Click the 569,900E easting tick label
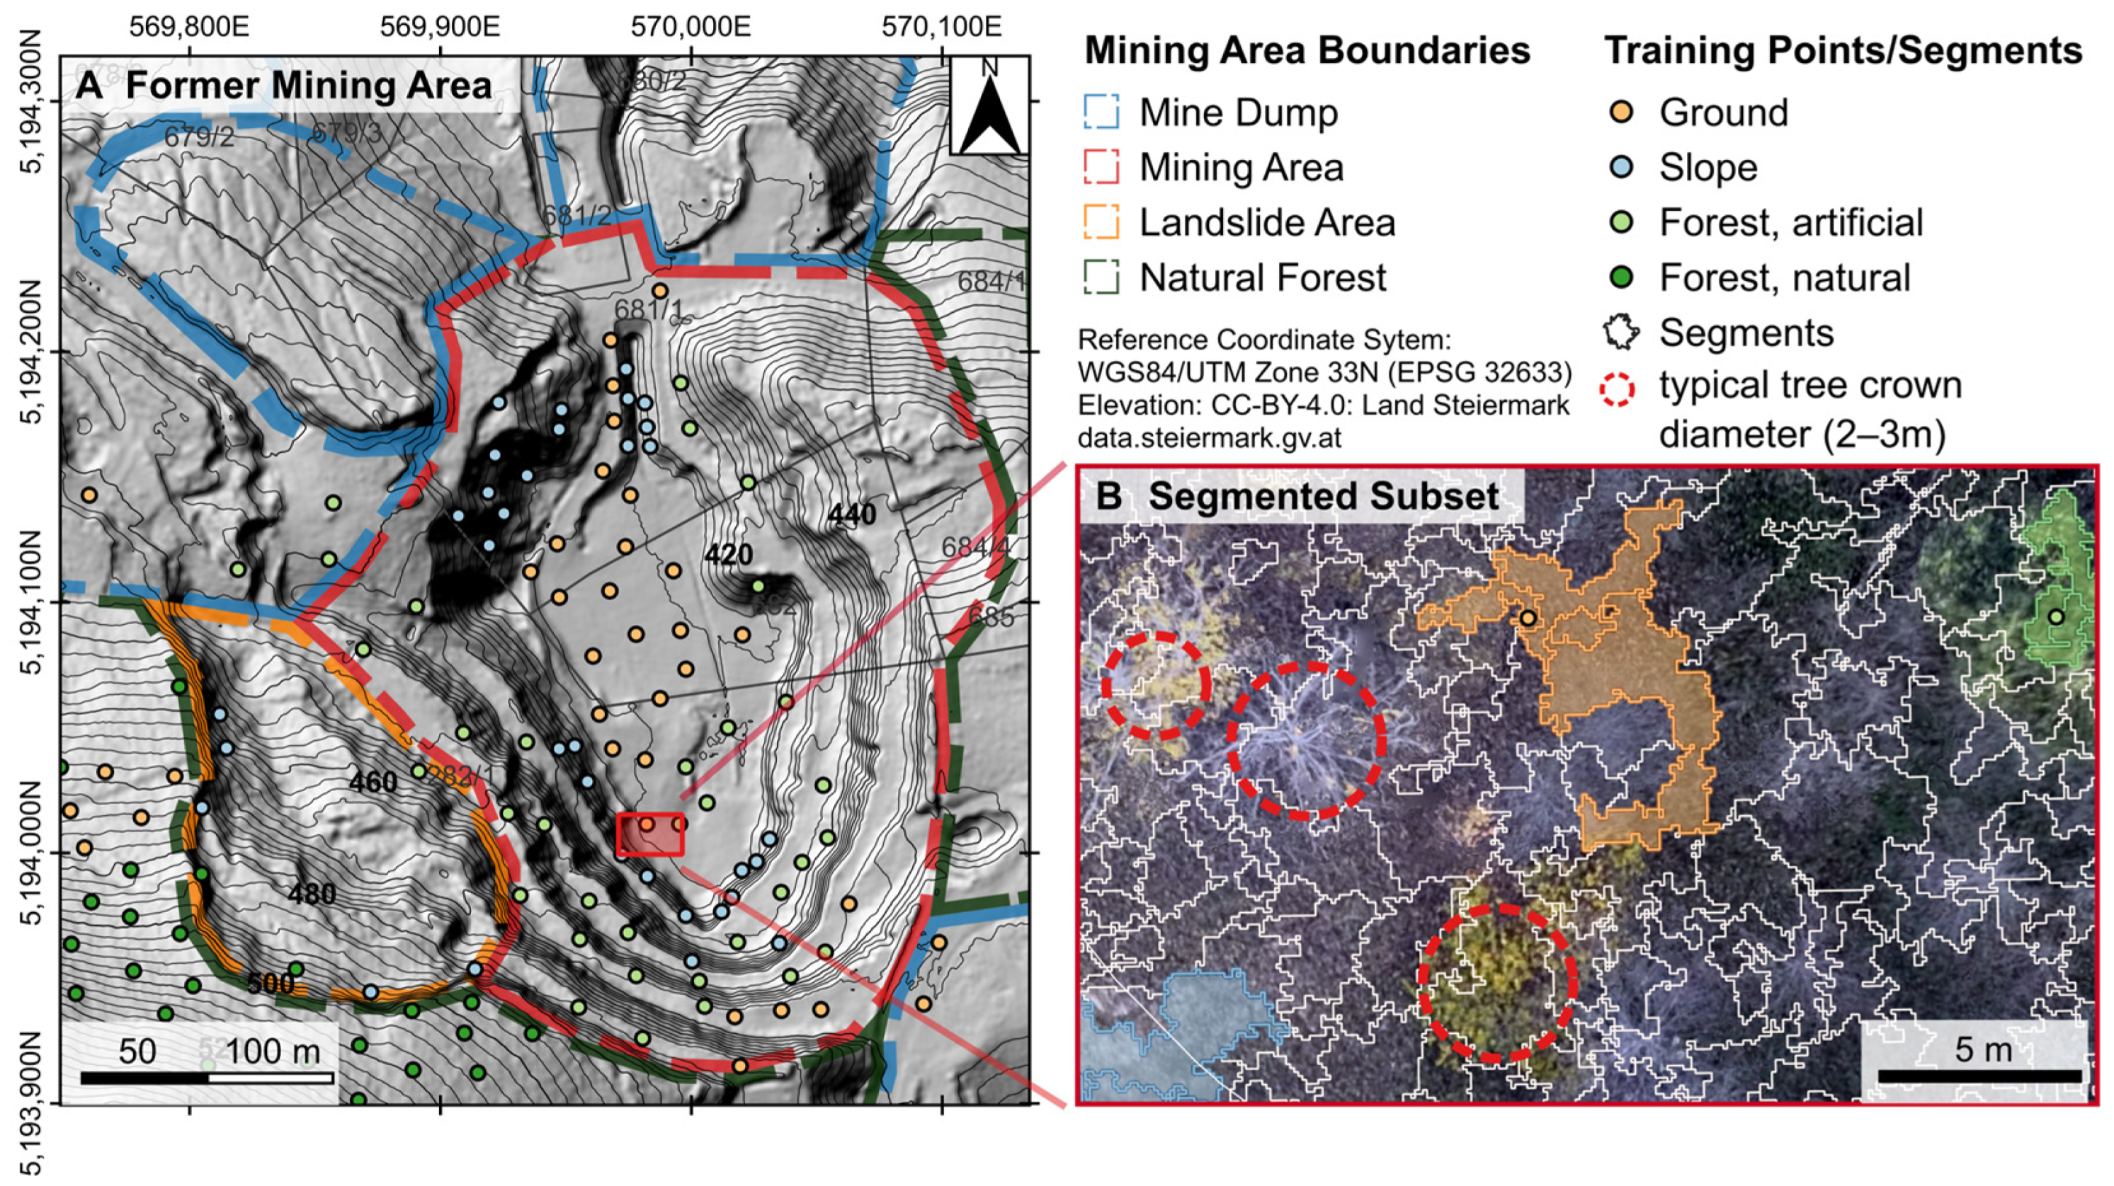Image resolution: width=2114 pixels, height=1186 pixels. tap(439, 27)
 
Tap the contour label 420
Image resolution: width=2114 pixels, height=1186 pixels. tap(728, 555)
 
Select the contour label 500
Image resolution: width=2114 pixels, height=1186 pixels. tap(270, 984)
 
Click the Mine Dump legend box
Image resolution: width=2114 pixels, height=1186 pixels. tap(1101, 113)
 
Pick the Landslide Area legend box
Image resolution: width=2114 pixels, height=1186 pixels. tap(1101, 222)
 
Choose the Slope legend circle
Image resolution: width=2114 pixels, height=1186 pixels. tap(1623, 167)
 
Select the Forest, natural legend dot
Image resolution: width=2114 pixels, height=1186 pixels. tap(1623, 277)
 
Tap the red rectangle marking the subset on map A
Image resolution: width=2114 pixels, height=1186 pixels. tap(650, 834)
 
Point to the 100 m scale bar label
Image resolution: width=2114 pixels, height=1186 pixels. tap(273, 1052)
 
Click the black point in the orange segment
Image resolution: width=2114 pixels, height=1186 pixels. tap(1527, 618)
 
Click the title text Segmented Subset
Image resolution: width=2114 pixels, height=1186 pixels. tap(1322, 496)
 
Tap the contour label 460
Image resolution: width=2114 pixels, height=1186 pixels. tap(373, 782)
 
